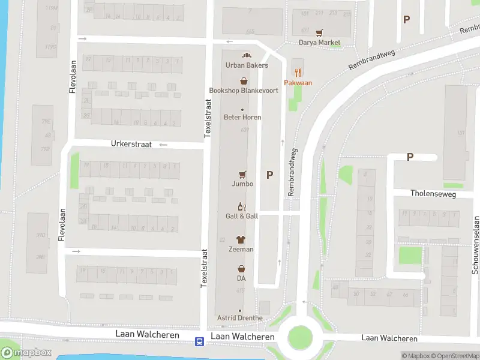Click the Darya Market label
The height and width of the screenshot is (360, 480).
tap(320, 43)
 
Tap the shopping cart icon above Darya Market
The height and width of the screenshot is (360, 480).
tap(320, 32)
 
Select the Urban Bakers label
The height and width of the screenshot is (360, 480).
tap(247, 65)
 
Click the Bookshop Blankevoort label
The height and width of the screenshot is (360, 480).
tap(244, 91)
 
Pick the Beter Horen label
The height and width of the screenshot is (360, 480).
tap(242, 117)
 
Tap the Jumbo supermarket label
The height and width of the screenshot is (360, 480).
tap(243, 184)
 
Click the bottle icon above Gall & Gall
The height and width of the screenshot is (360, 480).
tap(242, 206)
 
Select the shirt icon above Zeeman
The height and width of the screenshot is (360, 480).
tap(241, 239)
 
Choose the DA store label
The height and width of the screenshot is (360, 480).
tap(241, 278)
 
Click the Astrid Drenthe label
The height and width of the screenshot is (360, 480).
tap(240, 318)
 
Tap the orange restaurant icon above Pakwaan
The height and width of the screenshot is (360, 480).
tap(298, 73)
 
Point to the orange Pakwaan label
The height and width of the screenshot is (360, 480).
tap(298, 83)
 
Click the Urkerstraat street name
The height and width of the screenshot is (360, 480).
tap(131, 144)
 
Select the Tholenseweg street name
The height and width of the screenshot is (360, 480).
tap(433, 194)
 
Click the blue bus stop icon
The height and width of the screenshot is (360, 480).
tap(199, 341)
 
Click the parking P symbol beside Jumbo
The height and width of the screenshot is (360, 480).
tap(269, 175)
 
